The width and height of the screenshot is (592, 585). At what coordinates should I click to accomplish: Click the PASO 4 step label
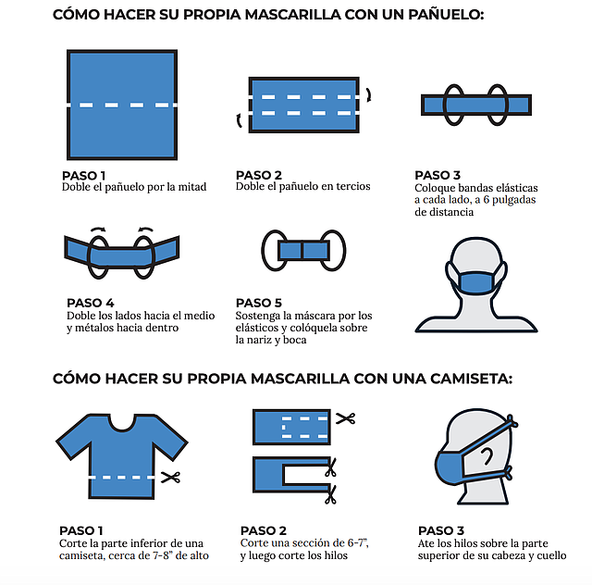91,303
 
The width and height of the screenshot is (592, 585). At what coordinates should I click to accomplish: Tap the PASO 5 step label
259,303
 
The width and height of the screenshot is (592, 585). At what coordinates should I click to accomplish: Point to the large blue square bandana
122,106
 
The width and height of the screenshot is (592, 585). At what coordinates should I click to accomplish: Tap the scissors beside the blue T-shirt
169,478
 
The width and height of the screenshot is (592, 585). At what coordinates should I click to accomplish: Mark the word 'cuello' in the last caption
548,555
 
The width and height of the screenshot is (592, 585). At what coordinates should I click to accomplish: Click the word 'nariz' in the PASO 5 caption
271,340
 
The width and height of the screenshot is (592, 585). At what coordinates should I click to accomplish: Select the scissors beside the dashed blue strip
345,419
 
